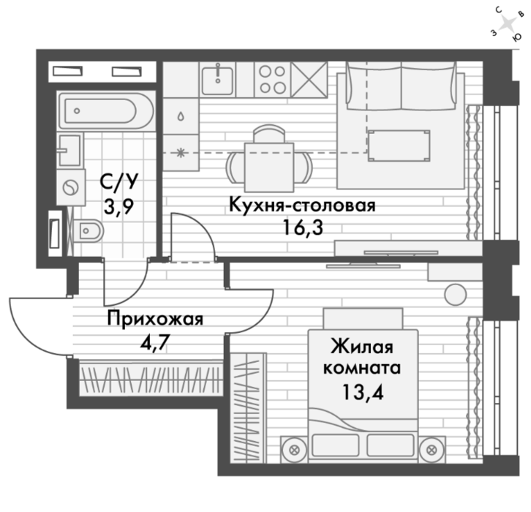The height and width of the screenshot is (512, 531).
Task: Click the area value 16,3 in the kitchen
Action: [x=303, y=228]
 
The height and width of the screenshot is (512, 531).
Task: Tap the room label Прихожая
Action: [x=155, y=320]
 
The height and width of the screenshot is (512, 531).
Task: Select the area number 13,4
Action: [x=363, y=393]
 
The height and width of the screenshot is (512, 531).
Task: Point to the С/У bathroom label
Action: [x=119, y=182]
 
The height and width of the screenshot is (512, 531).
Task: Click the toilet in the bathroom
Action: [x=87, y=230]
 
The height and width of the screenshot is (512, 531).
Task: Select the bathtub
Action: [x=106, y=110]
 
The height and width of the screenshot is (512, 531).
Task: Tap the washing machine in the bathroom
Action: [x=70, y=187]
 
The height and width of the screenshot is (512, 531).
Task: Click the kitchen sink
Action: [x=217, y=80]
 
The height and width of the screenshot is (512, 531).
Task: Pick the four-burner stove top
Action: [x=273, y=80]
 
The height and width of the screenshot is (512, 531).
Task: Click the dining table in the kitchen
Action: [x=269, y=167]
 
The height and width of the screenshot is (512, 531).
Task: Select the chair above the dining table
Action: [x=269, y=133]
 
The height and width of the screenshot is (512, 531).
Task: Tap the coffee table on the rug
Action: [x=399, y=146]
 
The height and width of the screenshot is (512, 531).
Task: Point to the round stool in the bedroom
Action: [x=455, y=295]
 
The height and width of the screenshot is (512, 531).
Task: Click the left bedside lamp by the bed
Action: [x=294, y=450]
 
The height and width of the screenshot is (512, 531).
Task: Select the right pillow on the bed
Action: [x=391, y=445]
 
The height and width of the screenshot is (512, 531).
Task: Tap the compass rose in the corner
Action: [x=507, y=24]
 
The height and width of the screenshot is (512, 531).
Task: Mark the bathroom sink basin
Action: [x=70, y=151]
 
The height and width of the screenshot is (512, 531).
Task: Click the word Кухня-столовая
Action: [x=302, y=206]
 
